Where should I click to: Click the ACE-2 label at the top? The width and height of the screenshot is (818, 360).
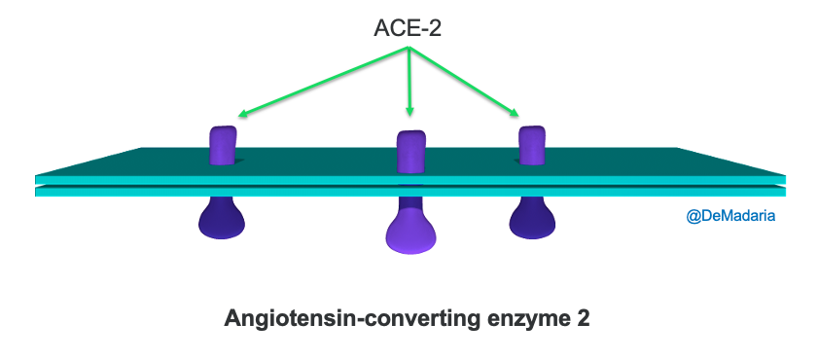click(x=409, y=28)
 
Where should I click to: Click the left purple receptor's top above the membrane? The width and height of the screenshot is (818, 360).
click(x=223, y=144)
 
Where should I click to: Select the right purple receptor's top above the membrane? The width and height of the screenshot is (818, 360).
click(x=531, y=144)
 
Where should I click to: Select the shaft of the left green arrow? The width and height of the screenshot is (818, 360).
click(x=321, y=83)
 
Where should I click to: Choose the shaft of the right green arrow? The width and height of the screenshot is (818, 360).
click(x=462, y=83)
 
